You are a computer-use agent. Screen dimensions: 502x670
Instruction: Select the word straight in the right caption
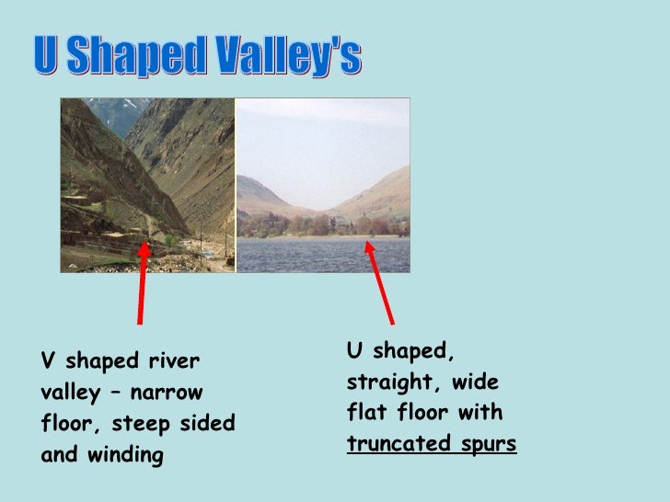coord(390,382)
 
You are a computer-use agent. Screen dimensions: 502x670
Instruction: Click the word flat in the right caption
coord(366,413)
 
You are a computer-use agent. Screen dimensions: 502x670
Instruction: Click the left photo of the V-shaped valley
coord(147,184)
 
